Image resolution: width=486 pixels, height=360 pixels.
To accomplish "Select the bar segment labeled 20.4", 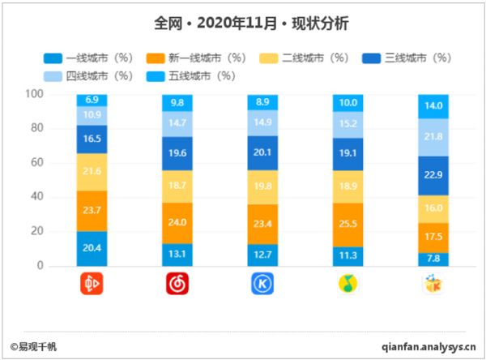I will coord(92,249).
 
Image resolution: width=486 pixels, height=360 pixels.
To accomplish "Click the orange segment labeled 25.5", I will coord(348,224).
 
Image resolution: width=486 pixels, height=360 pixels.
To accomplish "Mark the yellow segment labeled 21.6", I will coord(92,172).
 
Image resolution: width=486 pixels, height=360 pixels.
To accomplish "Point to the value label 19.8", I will coord(263,187).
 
